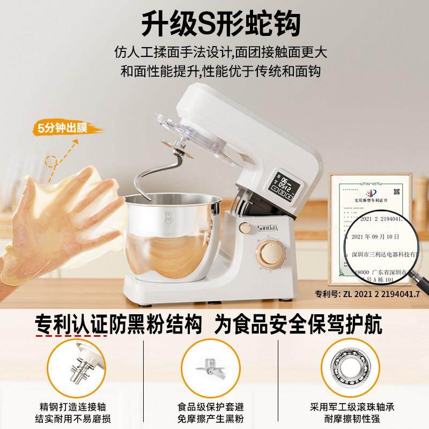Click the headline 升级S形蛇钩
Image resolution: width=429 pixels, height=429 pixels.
point(215,23)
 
